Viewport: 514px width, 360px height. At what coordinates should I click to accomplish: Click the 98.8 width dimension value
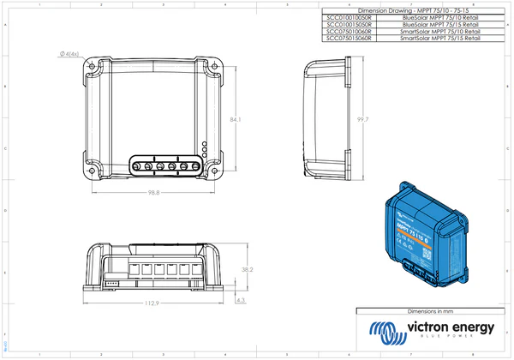coord(153,193)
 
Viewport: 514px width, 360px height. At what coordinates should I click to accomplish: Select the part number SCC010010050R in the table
coord(339,16)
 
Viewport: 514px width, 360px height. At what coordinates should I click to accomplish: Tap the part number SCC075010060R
coord(339,32)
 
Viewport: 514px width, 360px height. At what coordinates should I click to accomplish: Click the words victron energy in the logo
coord(454,328)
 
